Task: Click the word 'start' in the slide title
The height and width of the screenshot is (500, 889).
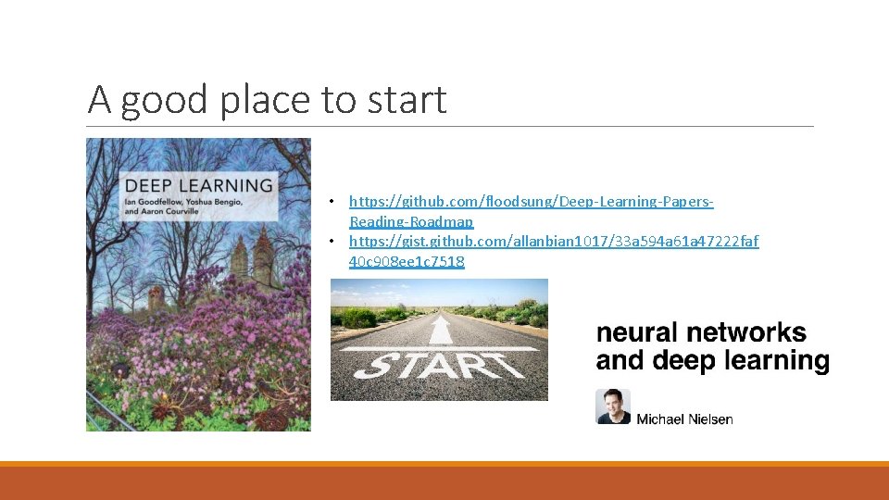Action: click(406, 100)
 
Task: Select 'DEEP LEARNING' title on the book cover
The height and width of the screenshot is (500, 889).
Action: click(199, 185)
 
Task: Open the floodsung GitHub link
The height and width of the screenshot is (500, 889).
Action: click(531, 201)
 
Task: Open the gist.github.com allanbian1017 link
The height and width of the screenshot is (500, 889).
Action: click(553, 242)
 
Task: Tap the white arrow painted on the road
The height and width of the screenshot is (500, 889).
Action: click(441, 331)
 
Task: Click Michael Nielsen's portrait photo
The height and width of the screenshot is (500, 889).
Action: click(612, 406)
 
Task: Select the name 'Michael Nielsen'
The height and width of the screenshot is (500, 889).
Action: click(684, 419)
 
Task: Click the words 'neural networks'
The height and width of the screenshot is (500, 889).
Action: click(701, 333)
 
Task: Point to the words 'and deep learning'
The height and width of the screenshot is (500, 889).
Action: click(712, 361)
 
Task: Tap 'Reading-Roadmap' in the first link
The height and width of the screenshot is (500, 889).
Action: click(411, 221)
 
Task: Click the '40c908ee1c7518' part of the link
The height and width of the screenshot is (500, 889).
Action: click(407, 262)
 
